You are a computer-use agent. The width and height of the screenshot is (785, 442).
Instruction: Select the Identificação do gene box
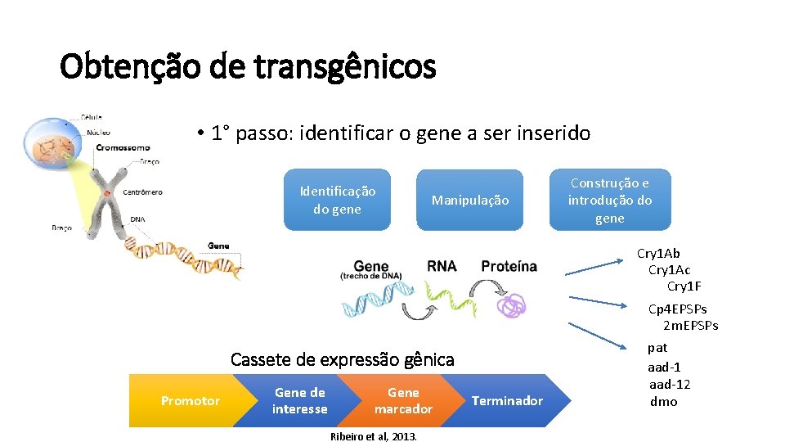pyautogui.click(x=337, y=200)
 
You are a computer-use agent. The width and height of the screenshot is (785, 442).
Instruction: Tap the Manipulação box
pyautogui.click(x=469, y=200)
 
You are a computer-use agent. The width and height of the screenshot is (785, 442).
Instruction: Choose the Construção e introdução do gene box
pyautogui.click(x=610, y=200)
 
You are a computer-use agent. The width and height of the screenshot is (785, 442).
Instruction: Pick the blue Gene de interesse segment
pyautogui.click(x=299, y=401)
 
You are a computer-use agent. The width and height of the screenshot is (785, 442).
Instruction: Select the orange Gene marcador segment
pyautogui.click(x=402, y=401)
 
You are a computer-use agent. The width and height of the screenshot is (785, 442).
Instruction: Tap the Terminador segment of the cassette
pyautogui.click(x=507, y=401)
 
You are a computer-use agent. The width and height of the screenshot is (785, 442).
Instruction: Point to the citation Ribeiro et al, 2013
pyautogui.click(x=373, y=436)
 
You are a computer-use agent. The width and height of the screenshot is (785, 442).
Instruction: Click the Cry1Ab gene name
pyautogui.click(x=658, y=254)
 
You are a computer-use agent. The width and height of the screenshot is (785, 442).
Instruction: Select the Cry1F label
pyautogui.click(x=684, y=286)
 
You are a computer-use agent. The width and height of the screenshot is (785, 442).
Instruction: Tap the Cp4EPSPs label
pyautogui.click(x=677, y=309)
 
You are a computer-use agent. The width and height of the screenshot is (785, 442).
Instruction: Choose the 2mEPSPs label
pyautogui.click(x=690, y=326)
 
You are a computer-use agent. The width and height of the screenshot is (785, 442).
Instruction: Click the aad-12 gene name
pyautogui.click(x=670, y=385)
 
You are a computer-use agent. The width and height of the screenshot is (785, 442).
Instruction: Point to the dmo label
pyautogui.click(x=663, y=402)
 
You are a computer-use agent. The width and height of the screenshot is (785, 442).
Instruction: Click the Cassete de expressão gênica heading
pyautogui.click(x=342, y=359)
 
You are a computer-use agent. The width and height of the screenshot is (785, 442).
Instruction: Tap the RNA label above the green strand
pyautogui.click(x=442, y=266)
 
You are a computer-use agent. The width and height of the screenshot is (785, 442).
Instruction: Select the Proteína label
pyautogui.click(x=509, y=266)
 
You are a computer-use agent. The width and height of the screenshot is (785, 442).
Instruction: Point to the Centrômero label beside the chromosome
pyautogui.click(x=142, y=192)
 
